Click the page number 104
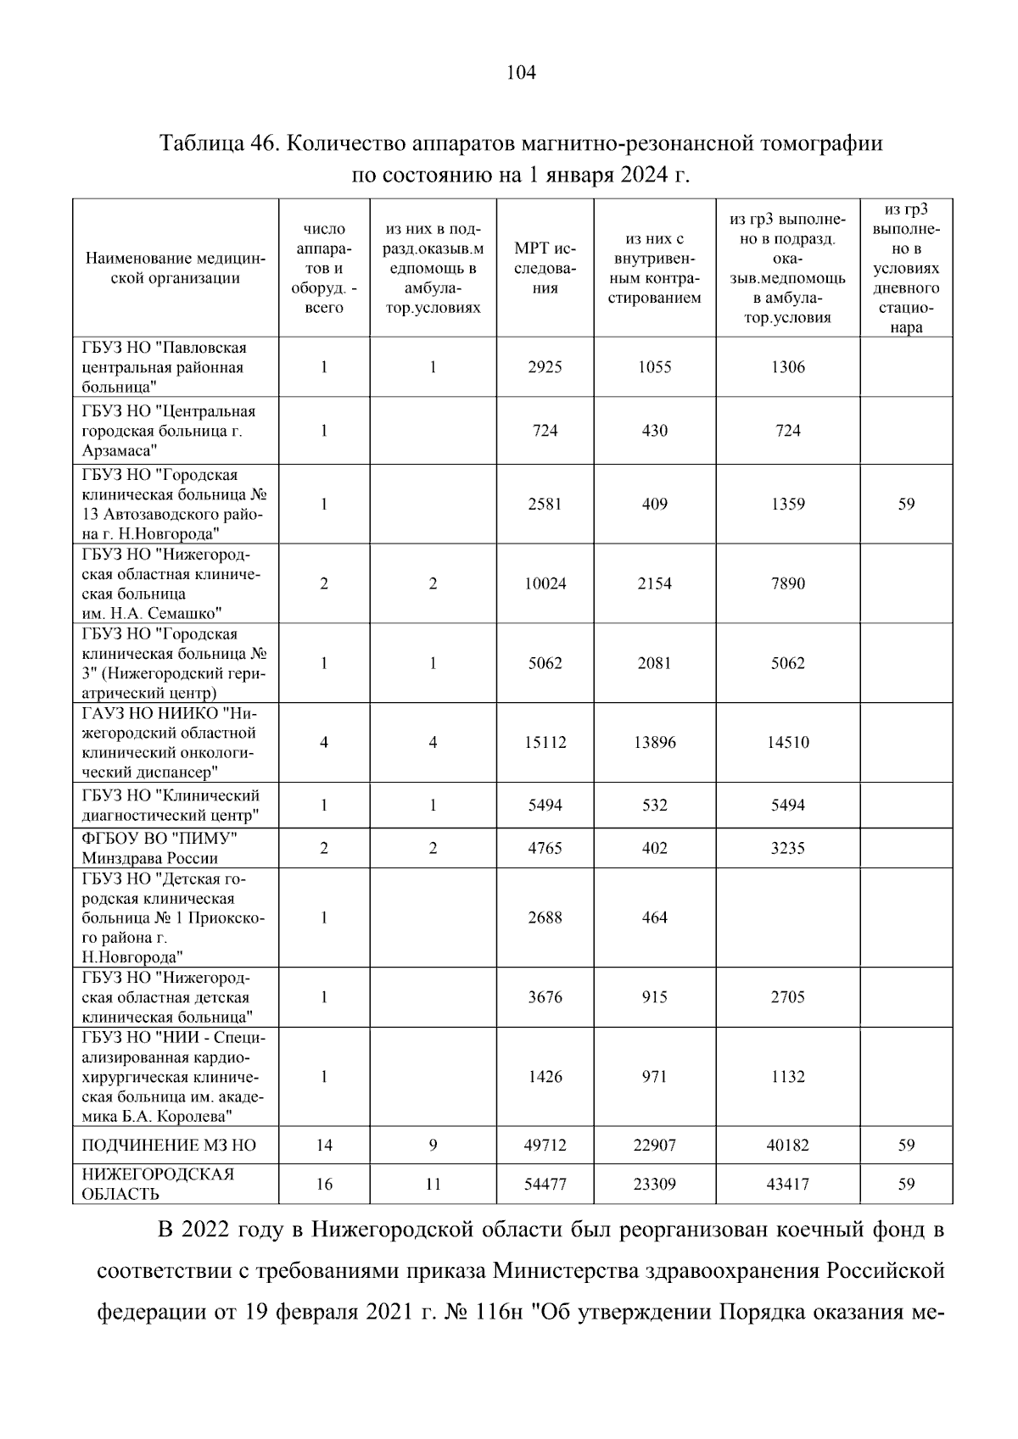point(521,73)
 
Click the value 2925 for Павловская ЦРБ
point(545,367)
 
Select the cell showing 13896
point(654,743)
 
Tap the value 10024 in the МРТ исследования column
point(545,583)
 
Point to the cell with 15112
point(545,743)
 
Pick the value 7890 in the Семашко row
point(787,583)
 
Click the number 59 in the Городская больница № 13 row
point(906,504)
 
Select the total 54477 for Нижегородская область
point(545,1184)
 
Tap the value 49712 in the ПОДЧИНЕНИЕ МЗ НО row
point(545,1146)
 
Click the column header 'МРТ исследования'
point(545,268)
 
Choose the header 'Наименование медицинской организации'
point(176,268)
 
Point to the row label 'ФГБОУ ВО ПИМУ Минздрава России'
point(159,848)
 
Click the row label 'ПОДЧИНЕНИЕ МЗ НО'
point(168,1146)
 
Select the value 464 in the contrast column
point(654,918)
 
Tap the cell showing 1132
point(787,1077)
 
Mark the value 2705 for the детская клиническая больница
point(787,997)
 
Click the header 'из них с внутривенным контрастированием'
point(654,268)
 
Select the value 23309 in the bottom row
point(654,1184)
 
